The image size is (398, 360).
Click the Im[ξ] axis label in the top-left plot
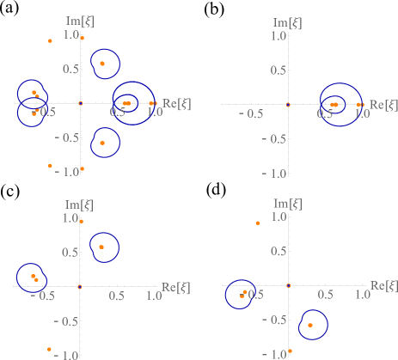tap(78, 20)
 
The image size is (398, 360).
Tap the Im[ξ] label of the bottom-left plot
tap(78, 204)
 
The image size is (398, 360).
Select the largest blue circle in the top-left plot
tap(133, 102)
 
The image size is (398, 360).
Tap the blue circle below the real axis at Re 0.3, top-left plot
tap(102, 143)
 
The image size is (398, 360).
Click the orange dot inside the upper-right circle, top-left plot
tap(102, 64)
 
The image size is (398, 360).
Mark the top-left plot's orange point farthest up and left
tap(50, 40)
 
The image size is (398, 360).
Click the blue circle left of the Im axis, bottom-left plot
tap(34, 278)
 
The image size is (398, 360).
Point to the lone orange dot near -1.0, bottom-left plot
tap(49, 349)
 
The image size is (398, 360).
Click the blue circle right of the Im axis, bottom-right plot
tap(310, 325)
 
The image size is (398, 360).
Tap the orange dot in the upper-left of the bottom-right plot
tap(258, 223)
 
